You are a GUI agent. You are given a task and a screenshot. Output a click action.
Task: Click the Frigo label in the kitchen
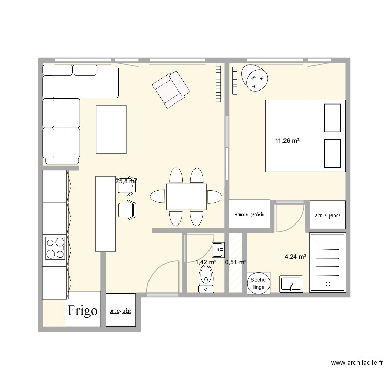click(x=83, y=310)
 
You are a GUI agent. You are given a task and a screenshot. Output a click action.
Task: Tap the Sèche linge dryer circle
click(x=258, y=283)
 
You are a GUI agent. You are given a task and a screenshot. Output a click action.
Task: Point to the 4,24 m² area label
click(x=295, y=256)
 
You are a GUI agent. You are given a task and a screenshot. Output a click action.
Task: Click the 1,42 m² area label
click(x=205, y=262)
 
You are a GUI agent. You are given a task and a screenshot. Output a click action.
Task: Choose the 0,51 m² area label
click(x=235, y=262)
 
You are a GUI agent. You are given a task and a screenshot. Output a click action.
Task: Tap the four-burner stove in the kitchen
click(x=55, y=248)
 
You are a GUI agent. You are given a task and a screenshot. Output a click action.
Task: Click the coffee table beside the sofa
click(x=111, y=129)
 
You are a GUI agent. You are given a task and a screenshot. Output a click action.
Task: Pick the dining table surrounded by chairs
click(x=186, y=196)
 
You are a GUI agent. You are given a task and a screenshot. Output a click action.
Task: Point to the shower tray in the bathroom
click(x=327, y=262)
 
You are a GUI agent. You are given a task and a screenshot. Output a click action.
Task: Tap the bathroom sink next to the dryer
click(x=292, y=283)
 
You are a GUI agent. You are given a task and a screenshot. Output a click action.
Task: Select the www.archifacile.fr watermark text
click(x=356, y=364)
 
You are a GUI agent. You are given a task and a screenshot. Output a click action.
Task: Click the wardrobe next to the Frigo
click(x=120, y=311)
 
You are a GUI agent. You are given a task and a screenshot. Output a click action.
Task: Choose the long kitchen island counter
click(x=105, y=214)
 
